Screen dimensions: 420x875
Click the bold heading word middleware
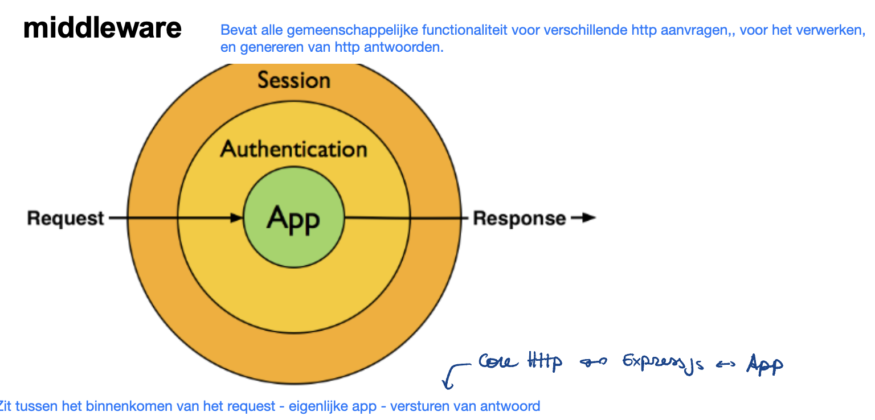coord(103,28)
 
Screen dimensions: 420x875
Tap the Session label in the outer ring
coord(294,80)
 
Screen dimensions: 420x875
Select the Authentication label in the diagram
coord(294,149)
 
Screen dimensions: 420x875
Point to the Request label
coord(66,218)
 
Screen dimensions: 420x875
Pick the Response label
coord(520,219)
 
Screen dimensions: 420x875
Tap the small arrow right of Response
coord(583,218)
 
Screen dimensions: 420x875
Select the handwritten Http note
coord(545,361)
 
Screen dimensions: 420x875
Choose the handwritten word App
coord(764,364)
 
